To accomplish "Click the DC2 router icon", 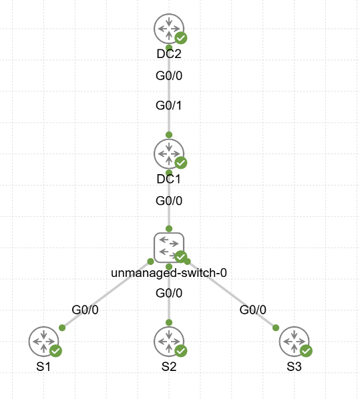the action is [169, 29].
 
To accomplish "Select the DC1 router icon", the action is [169, 153].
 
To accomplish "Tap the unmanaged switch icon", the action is [169, 248].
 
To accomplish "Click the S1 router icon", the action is [44, 342].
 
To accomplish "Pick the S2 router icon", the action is [169, 342].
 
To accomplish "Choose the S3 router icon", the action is [295, 342].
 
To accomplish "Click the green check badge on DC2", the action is [181, 38].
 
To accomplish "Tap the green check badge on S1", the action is [56, 351].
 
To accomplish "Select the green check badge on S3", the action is [307, 351].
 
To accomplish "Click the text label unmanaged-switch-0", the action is [169, 273].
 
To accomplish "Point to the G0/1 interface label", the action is [169, 105].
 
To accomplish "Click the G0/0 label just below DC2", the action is [169, 75].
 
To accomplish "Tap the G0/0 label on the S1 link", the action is [85, 310].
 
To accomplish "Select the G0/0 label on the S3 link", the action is [253, 310].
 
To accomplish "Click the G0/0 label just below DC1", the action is [169, 201].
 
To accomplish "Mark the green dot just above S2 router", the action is [169, 323].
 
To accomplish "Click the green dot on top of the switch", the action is [169, 228].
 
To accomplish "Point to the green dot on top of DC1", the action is [169, 135].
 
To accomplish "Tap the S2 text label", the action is [169, 367].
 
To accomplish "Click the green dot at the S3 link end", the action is [276, 328].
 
